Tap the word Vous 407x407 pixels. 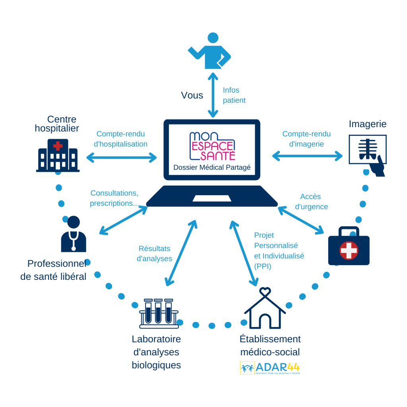pyautogui.click(x=192, y=95)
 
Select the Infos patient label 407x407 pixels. pyautogui.click(x=234, y=95)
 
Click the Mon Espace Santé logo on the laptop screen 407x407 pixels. pyautogui.click(x=212, y=146)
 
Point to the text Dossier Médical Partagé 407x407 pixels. pyautogui.click(x=212, y=168)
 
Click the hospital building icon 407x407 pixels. pyautogui.click(x=58, y=155)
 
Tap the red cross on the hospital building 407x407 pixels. pyautogui.click(x=58, y=146)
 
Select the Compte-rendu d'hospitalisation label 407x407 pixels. pyautogui.click(x=120, y=139)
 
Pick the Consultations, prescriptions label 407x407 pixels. pyautogui.click(x=114, y=198)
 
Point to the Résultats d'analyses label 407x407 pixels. pyautogui.click(x=154, y=254)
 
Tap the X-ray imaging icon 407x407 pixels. pyautogui.click(x=368, y=153)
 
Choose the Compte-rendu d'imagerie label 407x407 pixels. pyautogui.click(x=306, y=139)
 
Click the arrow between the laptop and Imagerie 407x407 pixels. pyautogui.click(x=307, y=156)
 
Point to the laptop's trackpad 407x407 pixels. pyautogui.click(x=212, y=198)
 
